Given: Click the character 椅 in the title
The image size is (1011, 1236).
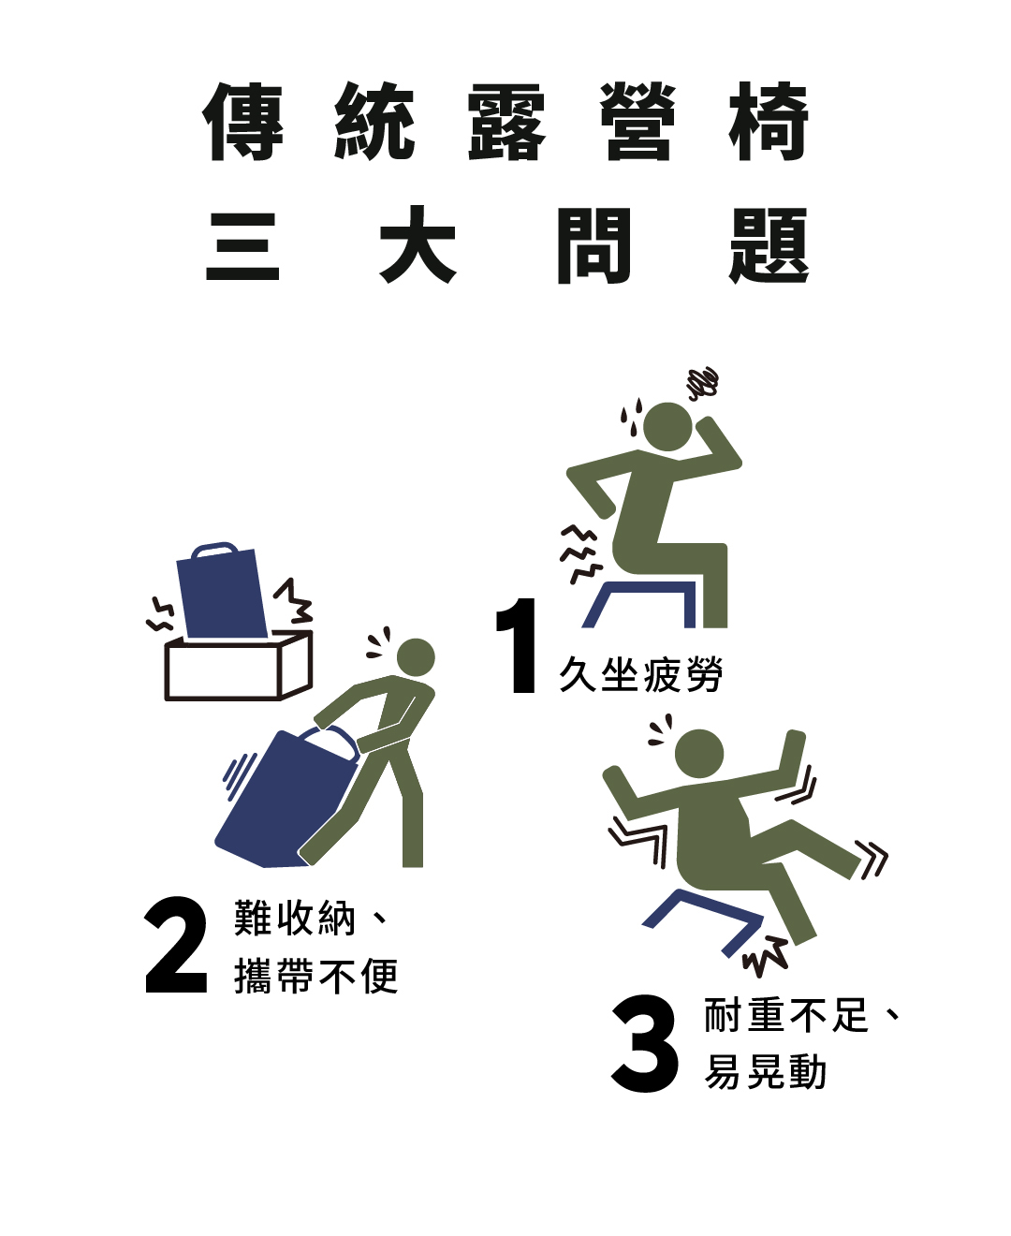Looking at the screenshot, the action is pos(769,122).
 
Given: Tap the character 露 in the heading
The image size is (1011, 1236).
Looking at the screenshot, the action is pos(507,122).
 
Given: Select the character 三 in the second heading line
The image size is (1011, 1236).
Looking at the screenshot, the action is pos(242,245).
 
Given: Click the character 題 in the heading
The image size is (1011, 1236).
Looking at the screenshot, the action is pos(769,245).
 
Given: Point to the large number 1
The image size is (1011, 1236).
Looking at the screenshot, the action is pos(517,645).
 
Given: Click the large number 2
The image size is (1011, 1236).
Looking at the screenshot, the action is pos(176,945).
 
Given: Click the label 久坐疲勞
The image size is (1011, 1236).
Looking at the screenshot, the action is pos(640,673).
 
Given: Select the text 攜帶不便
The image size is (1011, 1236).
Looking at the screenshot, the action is pos(316,977).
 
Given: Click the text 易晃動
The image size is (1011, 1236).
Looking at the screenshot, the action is pos(765,1072).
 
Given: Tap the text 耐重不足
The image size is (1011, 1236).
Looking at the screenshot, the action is pos(785,1015).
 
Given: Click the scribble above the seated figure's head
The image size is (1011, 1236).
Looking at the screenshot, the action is pos(703,383).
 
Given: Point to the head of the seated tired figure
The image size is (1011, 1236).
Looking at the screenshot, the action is pos(667,427).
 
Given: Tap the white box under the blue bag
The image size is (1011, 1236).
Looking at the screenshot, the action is pos(238,666).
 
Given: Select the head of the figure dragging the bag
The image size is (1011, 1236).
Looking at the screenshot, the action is pos(416,657).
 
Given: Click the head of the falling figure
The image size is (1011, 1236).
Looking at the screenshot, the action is pos(699,754).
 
